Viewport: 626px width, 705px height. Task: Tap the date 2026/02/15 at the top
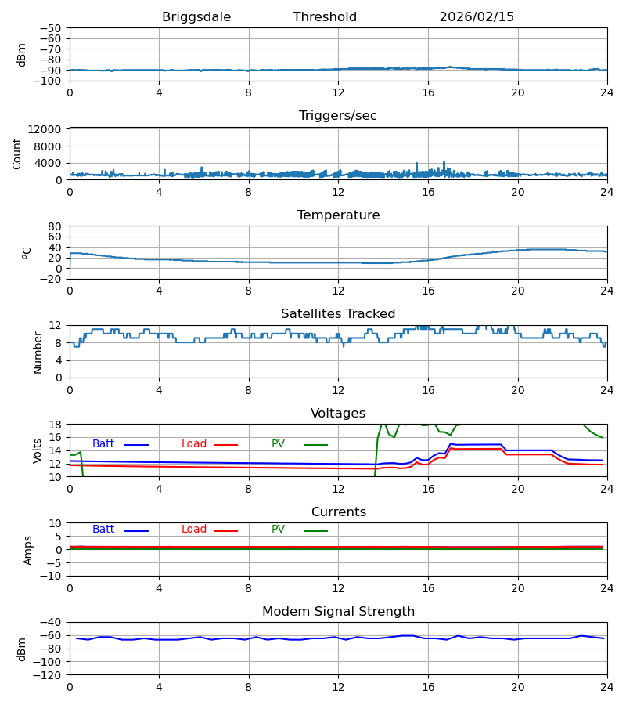coord(477,17)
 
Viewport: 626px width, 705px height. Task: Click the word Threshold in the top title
coord(325,17)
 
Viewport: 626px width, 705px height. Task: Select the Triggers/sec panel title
coord(338,116)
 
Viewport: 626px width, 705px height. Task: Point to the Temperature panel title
coord(338,215)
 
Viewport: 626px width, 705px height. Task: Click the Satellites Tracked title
coord(338,314)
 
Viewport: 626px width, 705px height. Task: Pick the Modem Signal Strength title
coord(338,612)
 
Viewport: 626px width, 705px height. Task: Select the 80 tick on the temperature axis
coord(56,226)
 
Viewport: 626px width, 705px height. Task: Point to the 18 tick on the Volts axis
coord(56,425)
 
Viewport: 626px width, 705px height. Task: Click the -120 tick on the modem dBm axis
coord(48,674)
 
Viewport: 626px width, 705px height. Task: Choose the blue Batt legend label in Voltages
coord(103,444)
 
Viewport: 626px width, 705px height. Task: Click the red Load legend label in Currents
coord(194,530)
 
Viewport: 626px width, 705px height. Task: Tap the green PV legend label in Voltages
coord(278,444)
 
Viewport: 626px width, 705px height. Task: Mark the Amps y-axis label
coord(28,550)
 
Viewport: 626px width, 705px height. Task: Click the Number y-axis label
coord(38,352)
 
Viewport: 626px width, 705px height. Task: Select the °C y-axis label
coord(27,252)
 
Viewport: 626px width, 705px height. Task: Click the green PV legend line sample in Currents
coord(315,531)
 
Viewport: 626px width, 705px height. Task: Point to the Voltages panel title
coord(338,414)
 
